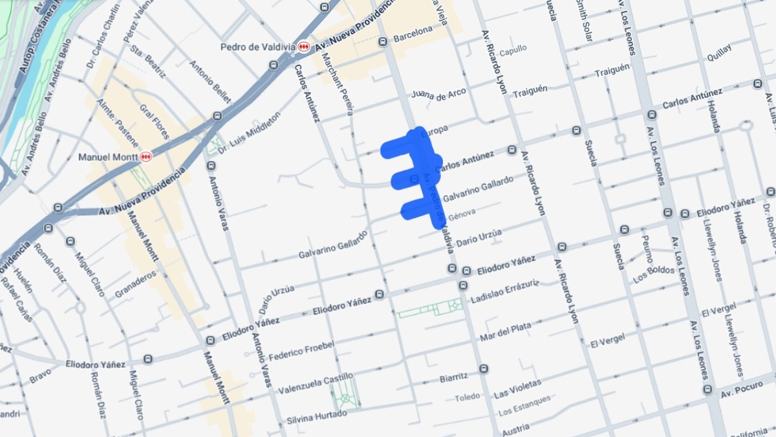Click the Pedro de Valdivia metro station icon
[x=303, y=47]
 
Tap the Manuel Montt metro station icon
[x=146, y=157]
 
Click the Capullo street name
[x=513, y=49]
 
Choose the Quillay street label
[x=719, y=52]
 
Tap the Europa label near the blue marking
[x=434, y=131]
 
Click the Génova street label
[x=462, y=214]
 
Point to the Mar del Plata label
[x=505, y=332]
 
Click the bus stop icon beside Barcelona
[x=383, y=42]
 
